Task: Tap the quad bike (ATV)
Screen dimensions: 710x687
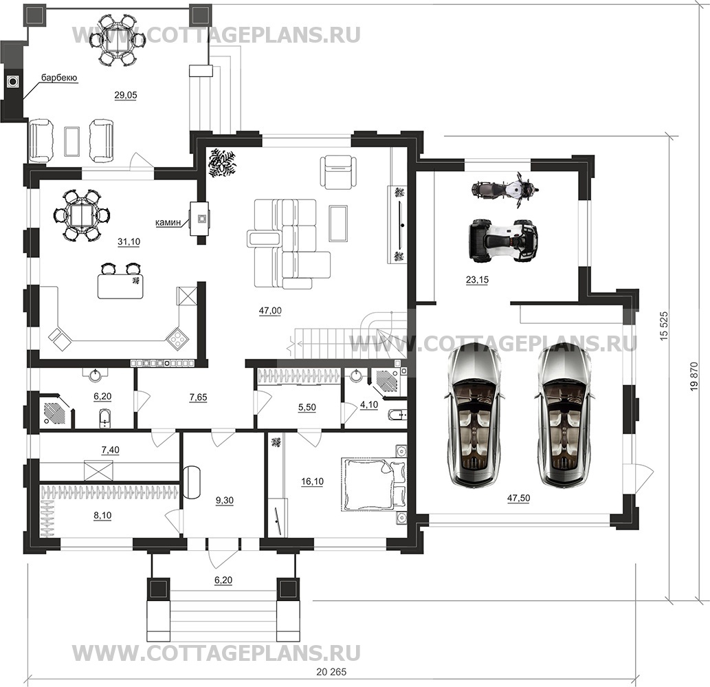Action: pyautogui.click(x=503, y=240)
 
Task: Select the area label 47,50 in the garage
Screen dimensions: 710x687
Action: pyautogui.click(x=518, y=499)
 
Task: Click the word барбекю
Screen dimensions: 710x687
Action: pyautogui.click(x=59, y=78)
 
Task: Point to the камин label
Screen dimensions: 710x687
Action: pyautogui.click(x=168, y=222)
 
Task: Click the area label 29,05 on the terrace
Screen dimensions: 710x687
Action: pyautogui.click(x=125, y=95)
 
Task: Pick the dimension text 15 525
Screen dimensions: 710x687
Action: pyautogui.click(x=664, y=326)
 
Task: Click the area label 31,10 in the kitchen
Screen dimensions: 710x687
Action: pyautogui.click(x=129, y=242)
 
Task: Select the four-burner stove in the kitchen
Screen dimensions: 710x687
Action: pyautogui.click(x=177, y=338)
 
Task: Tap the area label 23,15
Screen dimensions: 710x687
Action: pyautogui.click(x=477, y=280)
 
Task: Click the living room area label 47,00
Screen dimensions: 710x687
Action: pyautogui.click(x=270, y=311)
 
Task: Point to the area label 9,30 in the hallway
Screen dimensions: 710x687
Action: pyautogui.click(x=225, y=501)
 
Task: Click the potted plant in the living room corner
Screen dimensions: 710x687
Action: pyautogui.click(x=222, y=163)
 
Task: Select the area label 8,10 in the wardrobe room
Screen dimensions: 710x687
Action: pyautogui.click(x=102, y=516)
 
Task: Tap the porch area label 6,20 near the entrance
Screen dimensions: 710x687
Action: pyautogui.click(x=223, y=580)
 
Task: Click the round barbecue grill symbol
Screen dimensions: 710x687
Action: pyautogui.click(x=13, y=82)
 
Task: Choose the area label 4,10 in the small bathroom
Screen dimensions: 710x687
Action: pyautogui.click(x=369, y=404)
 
